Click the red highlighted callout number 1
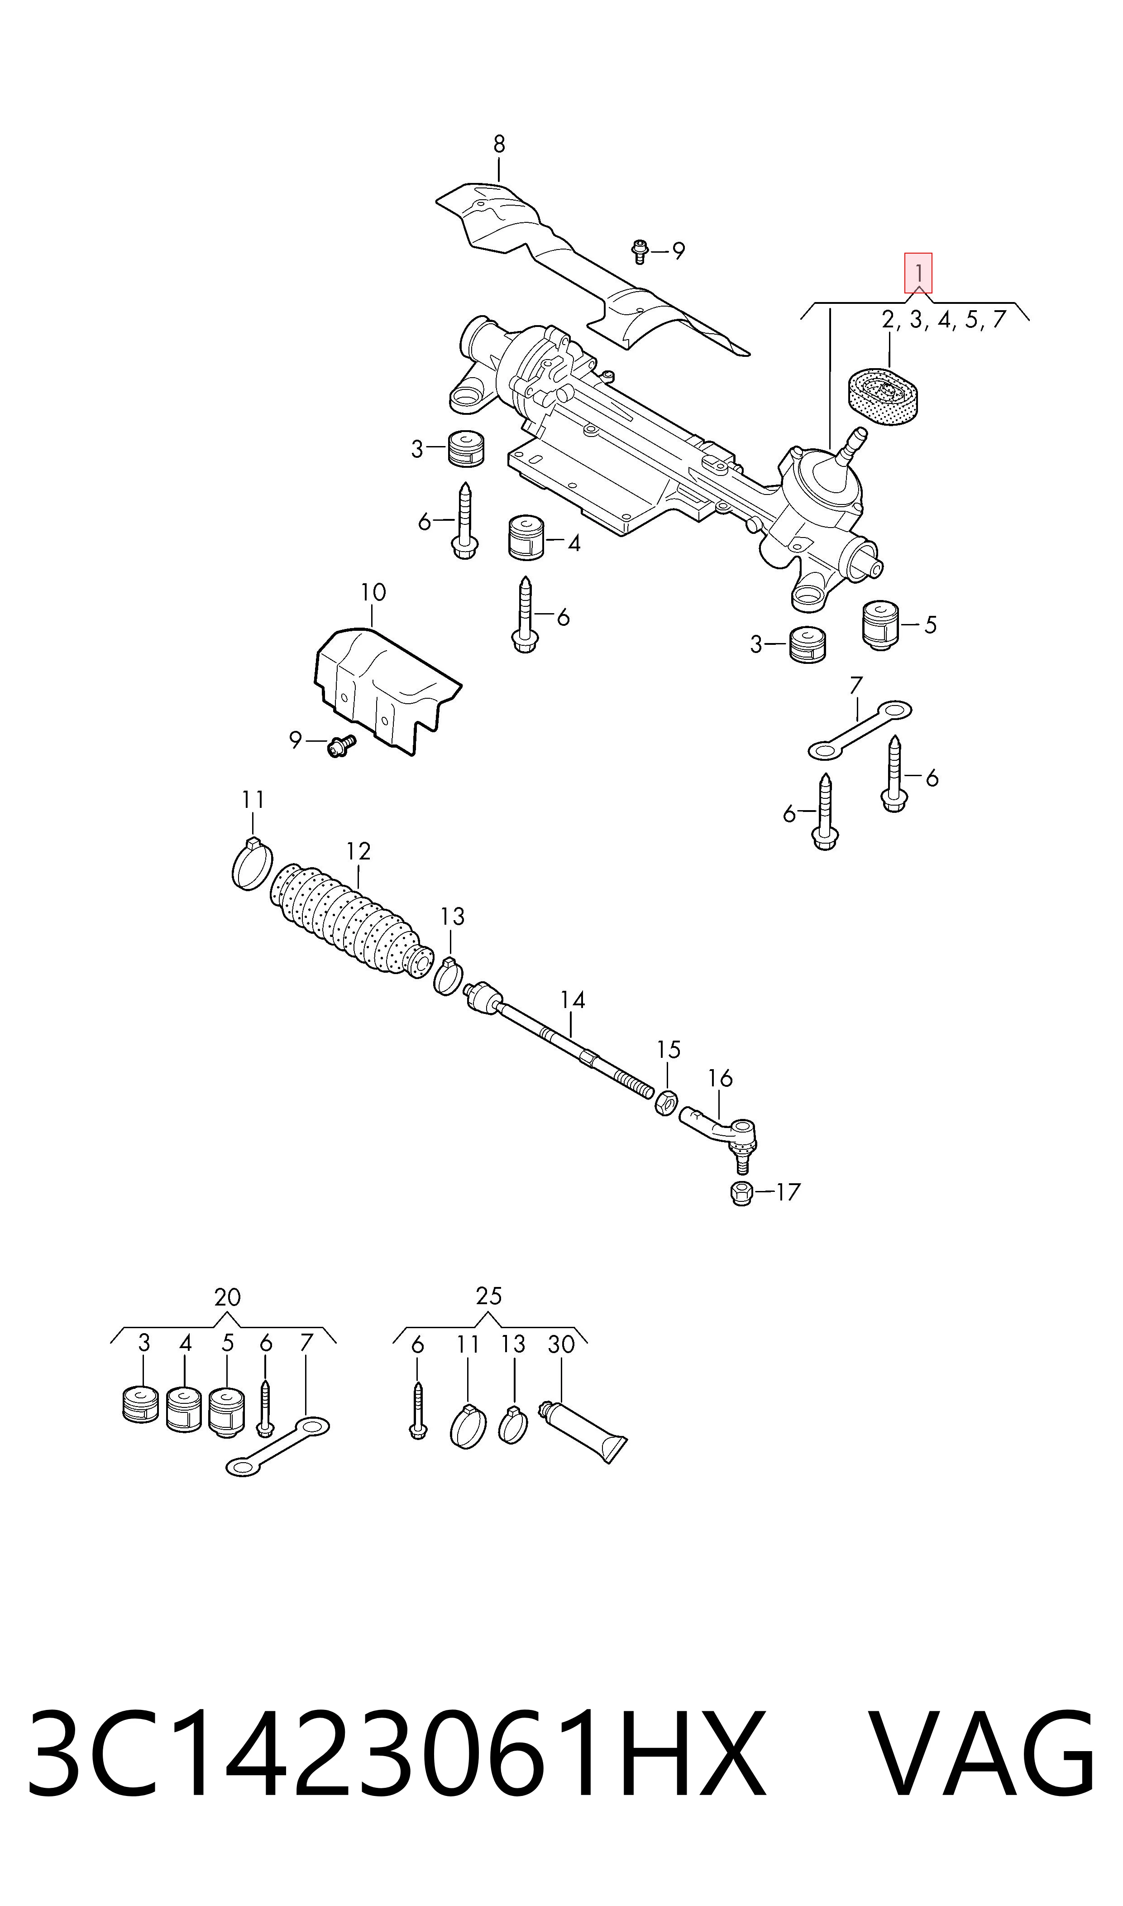pyautogui.click(x=918, y=273)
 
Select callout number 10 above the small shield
pyautogui.click(x=373, y=592)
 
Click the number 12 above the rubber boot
pyautogui.click(x=358, y=852)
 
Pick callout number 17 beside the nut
pyautogui.click(x=788, y=1192)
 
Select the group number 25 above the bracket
pyautogui.click(x=489, y=1296)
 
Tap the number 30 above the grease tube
pyautogui.click(x=561, y=1345)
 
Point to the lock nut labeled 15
pyautogui.click(x=666, y=1102)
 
